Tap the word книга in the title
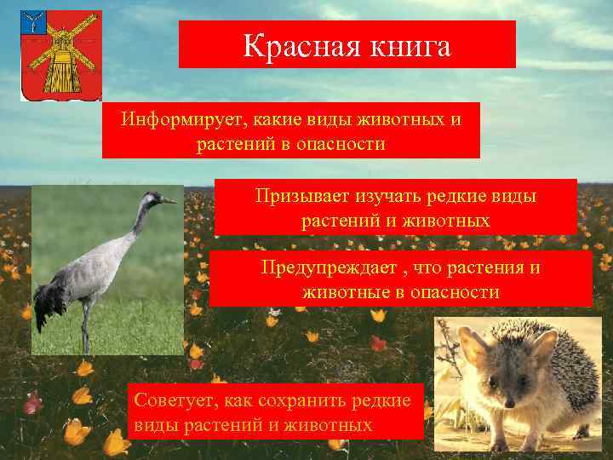[x=404, y=46]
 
